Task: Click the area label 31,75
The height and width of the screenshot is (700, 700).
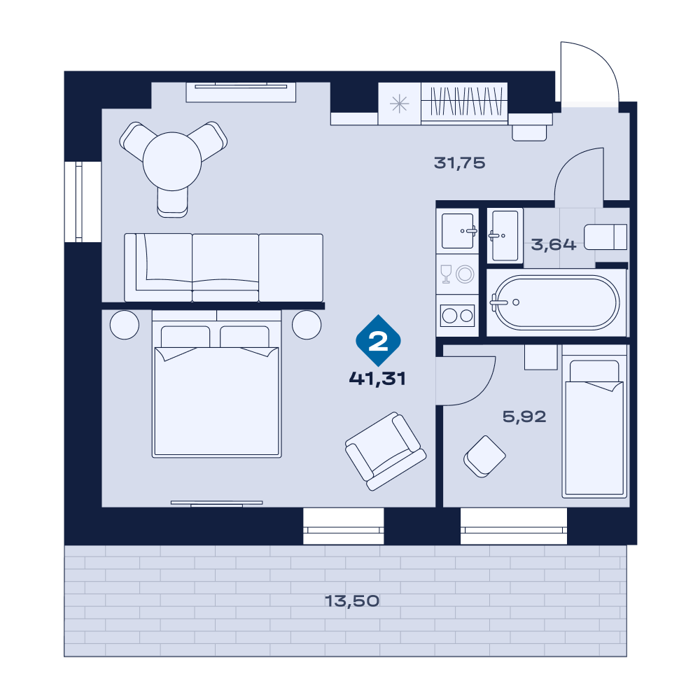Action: (x=459, y=163)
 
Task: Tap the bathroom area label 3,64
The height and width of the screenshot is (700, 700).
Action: (x=554, y=244)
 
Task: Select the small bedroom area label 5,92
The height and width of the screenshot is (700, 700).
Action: (x=524, y=416)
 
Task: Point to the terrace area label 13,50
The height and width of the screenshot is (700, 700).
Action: (x=352, y=601)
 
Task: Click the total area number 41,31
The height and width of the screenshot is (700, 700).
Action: (x=377, y=379)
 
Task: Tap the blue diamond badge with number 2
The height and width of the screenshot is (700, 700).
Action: (x=378, y=341)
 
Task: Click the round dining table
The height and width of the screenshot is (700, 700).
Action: (x=172, y=161)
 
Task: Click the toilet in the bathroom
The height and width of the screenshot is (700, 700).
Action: (x=605, y=237)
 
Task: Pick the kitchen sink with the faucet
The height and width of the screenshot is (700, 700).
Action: (x=458, y=231)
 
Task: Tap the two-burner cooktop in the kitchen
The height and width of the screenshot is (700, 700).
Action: (x=458, y=316)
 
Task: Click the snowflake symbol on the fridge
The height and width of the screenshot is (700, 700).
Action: (x=399, y=104)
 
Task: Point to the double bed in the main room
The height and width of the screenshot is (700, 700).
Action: (x=216, y=384)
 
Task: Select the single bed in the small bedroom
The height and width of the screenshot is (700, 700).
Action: (x=594, y=421)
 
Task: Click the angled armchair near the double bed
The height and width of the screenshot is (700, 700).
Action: (x=386, y=451)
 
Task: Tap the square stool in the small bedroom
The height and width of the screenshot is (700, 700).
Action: (x=484, y=456)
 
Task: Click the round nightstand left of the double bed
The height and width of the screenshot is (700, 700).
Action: (x=125, y=325)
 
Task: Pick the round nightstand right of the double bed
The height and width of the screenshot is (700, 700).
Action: (x=307, y=325)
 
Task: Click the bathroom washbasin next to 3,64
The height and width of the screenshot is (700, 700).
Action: (x=505, y=235)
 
